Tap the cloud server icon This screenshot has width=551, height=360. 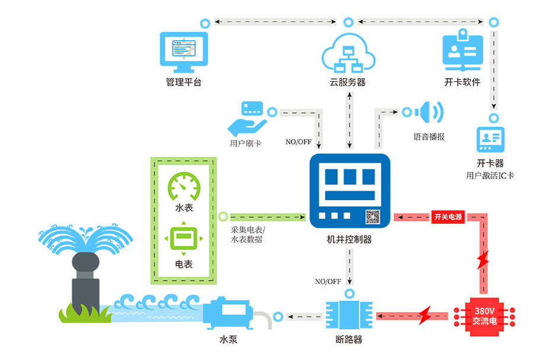pos(348,52)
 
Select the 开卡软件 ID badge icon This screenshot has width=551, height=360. pos(463,49)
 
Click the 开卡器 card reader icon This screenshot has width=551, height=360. pos(491,141)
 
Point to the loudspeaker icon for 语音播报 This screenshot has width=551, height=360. pos(430,112)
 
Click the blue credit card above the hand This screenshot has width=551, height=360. pos(252,108)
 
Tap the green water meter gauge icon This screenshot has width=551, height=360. pos(184,187)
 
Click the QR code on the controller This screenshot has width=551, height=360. pos(372,217)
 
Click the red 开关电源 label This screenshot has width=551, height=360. pos(448,217)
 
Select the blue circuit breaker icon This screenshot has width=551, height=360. pos(350,316)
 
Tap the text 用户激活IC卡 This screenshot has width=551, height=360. pos(490,175)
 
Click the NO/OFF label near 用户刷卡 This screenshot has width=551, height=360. pos(299,142)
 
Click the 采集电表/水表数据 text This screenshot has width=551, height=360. pos(248,235)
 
